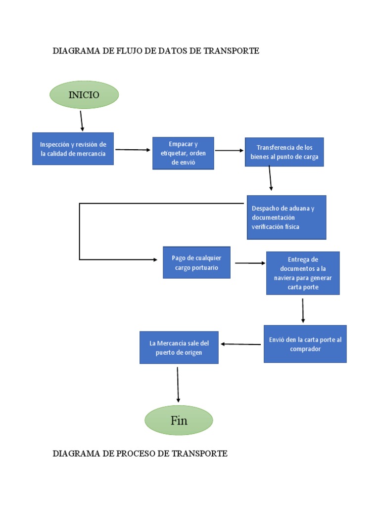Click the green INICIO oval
(x=84, y=95)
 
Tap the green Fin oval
(x=179, y=421)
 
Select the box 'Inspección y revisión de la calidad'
(x=73, y=149)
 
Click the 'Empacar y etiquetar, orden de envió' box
(x=183, y=153)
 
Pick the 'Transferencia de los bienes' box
(x=284, y=152)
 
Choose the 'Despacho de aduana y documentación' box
(x=286, y=217)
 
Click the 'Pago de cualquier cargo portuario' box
(x=196, y=262)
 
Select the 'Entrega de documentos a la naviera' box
(x=303, y=273)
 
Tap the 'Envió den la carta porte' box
(x=305, y=344)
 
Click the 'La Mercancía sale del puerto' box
(x=179, y=348)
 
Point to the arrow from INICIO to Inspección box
(x=82, y=121)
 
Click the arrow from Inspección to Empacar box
(x=133, y=150)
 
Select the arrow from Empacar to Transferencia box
(x=230, y=150)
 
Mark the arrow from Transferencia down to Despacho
(x=270, y=178)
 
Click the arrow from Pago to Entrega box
(x=250, y=263)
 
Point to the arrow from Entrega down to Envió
(x=303, y=310)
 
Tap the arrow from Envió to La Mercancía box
(x=241, y=344)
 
